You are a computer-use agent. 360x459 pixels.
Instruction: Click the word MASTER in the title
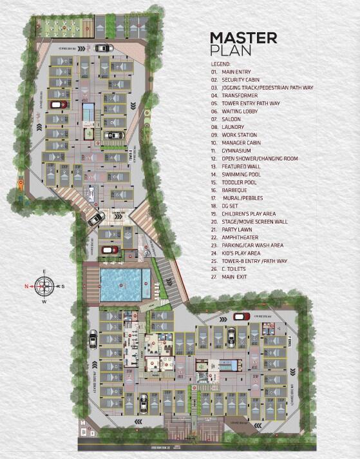pos(243,37)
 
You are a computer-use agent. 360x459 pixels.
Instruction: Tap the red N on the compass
pos(27,284)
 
